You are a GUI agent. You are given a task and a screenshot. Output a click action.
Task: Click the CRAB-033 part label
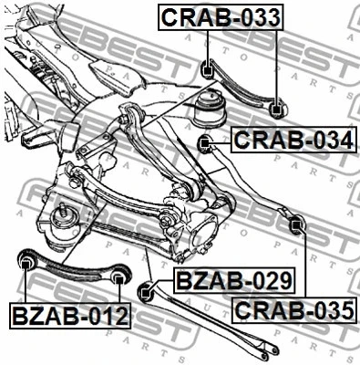coord(221,16)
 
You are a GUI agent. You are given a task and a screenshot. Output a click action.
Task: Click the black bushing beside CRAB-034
coord(206,141)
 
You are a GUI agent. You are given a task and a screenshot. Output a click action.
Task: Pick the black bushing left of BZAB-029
coord(145,292)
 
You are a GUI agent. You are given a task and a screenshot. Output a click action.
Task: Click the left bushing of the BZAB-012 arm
coord(26,264)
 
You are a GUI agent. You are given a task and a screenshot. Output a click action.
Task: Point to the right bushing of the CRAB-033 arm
coord(278,109)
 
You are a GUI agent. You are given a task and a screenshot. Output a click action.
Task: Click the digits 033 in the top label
coord(258,16)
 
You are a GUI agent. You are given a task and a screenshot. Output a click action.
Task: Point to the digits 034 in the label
coord(328,141)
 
